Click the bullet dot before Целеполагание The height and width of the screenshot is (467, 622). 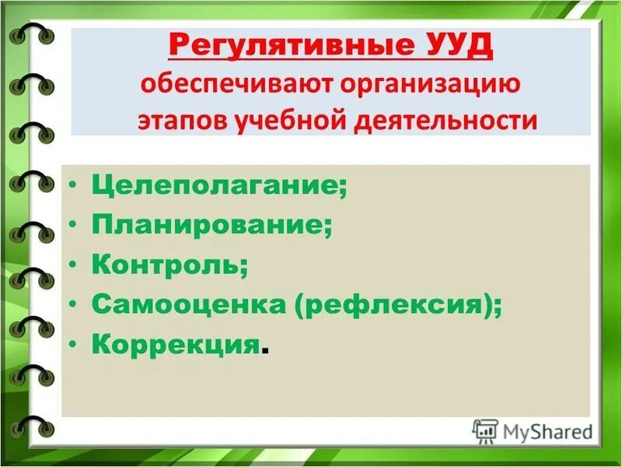coord(72,186)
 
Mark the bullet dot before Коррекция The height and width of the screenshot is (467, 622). coord(72,344)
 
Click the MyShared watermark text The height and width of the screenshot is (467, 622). coord(547,430)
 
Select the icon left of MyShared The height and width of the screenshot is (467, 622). coord(485,430)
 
